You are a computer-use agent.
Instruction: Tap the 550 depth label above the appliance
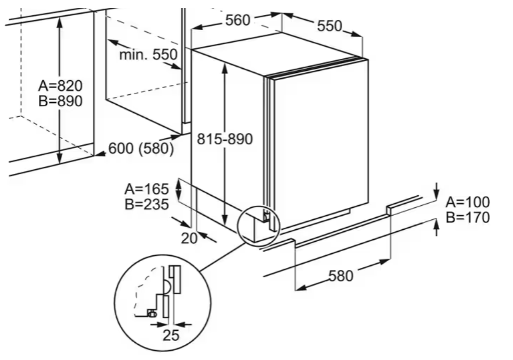329,26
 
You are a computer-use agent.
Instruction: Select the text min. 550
148,54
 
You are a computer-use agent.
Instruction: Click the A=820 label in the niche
60,85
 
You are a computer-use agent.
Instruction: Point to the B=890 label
60,101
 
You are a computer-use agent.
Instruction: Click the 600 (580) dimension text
141,149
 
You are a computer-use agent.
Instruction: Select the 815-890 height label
224,139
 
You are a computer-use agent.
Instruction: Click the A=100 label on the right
468,202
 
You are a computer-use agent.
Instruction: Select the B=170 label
468,217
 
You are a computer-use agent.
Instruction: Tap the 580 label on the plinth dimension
341,276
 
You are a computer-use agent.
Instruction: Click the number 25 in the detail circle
171,336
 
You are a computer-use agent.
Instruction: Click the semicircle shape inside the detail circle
166,287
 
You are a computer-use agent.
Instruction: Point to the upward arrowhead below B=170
436,224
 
